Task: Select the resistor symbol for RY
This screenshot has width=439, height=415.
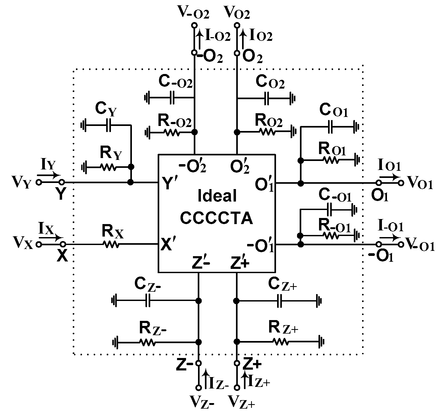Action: point(107,167)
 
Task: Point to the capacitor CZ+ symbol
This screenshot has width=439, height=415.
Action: point(280,301)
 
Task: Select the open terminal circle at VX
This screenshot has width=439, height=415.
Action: point(39,244)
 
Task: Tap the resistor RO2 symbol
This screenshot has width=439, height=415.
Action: point(268,132)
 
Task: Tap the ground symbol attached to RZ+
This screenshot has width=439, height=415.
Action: point(320,342)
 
